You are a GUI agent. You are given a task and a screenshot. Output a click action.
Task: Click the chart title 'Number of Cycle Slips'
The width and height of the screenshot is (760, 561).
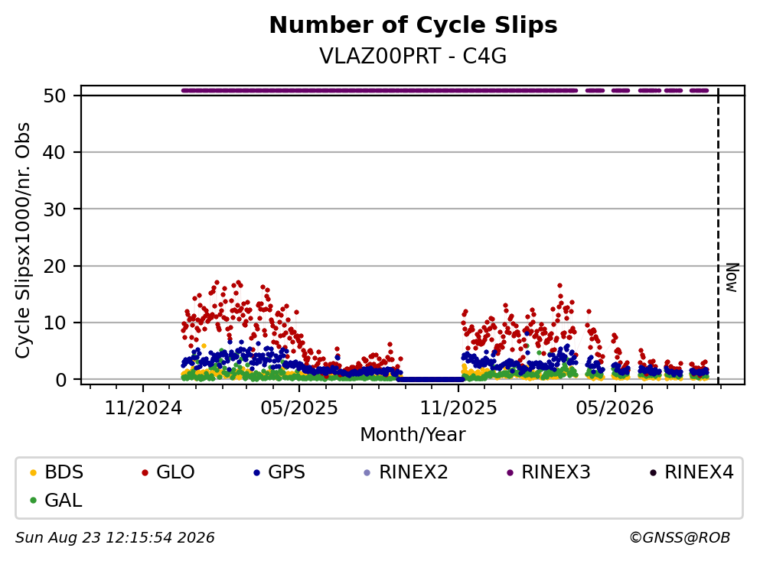413,25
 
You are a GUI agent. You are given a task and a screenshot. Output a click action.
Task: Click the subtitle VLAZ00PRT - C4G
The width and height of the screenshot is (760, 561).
413,56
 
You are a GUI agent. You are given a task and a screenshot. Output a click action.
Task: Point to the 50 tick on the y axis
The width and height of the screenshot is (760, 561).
54,96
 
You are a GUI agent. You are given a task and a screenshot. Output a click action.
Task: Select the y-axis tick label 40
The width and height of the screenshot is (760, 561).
54,152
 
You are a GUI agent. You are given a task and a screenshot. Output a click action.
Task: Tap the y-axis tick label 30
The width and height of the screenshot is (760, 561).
54,209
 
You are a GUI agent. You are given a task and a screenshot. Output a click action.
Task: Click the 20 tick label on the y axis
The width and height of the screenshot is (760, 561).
54,266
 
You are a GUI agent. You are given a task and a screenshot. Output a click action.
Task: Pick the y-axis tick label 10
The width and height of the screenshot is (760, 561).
54,323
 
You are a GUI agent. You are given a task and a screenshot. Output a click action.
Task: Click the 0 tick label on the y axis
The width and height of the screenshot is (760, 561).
60,380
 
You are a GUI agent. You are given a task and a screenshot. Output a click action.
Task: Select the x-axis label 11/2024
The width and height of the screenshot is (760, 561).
143,408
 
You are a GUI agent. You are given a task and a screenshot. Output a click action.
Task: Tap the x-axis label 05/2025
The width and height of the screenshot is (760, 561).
299,408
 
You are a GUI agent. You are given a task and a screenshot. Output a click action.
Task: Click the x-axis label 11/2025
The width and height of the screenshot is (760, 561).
458,408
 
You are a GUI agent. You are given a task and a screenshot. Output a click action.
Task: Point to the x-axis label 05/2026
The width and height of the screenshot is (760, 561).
615,408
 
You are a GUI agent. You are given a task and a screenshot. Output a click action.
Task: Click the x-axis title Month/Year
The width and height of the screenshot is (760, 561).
413,435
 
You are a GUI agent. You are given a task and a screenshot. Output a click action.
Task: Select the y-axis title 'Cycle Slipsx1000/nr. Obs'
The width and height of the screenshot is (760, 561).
23,241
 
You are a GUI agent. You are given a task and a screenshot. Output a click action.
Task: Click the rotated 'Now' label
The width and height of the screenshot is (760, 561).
732,278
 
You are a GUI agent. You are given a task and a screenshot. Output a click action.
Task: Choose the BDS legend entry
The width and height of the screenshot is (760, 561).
57,472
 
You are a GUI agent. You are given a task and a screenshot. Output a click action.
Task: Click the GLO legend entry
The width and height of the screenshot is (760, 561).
168,472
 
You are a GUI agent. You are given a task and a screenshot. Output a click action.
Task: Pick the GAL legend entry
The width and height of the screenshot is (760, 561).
56,501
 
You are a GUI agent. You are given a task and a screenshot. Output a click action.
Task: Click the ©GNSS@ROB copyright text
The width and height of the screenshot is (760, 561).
680,537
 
